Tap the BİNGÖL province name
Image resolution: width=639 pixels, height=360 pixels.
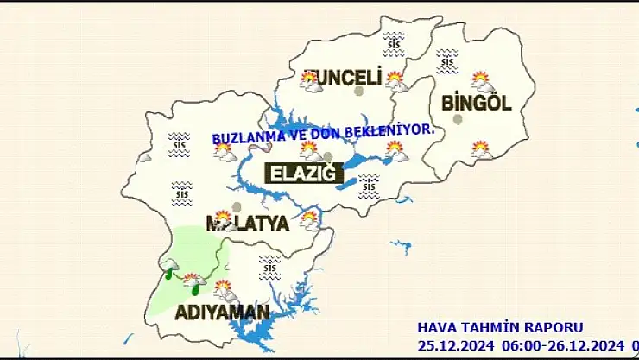click(x=476, y=103)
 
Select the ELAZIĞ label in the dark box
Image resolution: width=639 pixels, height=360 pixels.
click(x=302, y=174)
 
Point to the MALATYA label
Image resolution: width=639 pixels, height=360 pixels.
click(x=247, y=224)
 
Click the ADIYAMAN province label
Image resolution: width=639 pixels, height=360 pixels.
click(x=222, y=312)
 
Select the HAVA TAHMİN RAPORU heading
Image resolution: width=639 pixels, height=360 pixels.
click(x=500, y=327)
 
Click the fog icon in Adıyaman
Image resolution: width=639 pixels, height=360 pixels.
click(x=269, y=262)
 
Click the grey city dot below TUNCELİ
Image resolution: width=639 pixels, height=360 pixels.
click(x=359, y=91)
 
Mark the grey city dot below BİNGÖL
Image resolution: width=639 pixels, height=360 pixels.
click(x=458, y=120)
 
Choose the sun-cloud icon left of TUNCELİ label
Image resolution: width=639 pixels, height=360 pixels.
click(x=309, y=80)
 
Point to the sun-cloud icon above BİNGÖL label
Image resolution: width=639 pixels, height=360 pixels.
click(x=481, y=81)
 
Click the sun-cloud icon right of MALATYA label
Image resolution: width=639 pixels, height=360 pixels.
click(x=309, y=218)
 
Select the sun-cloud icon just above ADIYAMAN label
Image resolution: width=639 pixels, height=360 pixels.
click(x=223, y=287)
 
